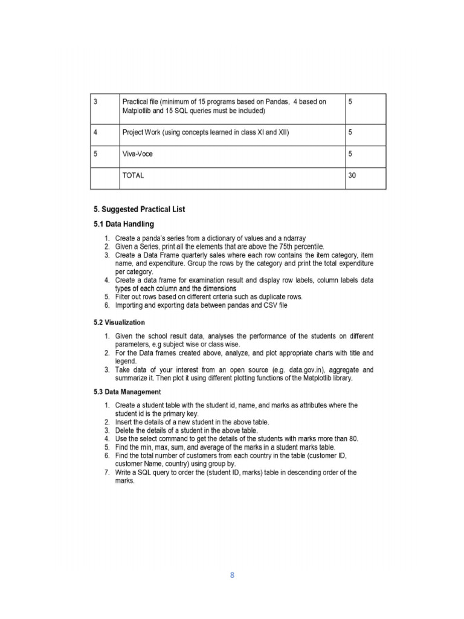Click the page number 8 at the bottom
point(231,575)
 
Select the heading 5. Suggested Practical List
point(139,210)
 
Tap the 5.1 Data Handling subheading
point(120,224)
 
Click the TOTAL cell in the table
point(133,176)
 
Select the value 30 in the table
point(353,176)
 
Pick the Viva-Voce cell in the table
point(137,154)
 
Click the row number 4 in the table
point(96,132)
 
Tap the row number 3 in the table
point(96,102)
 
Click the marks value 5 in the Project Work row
point(351,132)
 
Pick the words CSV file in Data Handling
point(274,305)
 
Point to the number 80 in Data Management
point(354,438)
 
